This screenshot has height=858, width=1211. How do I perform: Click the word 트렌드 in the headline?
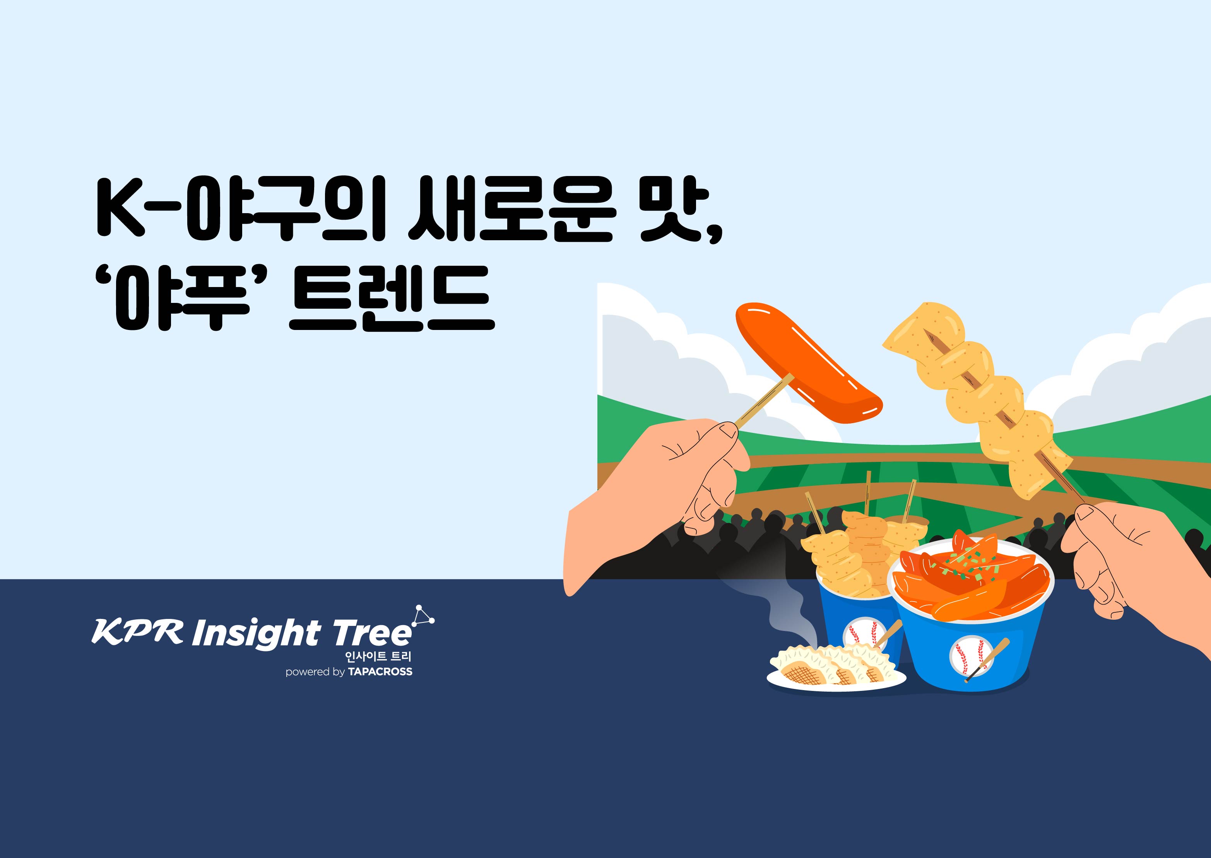392,299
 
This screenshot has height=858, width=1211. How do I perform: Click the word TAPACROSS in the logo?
380,672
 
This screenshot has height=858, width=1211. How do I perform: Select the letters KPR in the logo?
137,631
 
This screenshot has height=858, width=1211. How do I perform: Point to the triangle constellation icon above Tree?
422,615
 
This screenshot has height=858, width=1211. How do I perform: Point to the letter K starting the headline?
120,209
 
